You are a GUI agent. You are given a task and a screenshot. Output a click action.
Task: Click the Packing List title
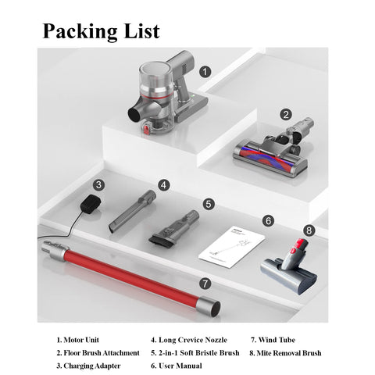[x=101, y=31]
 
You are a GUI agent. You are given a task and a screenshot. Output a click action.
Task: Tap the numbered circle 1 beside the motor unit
[x=205, y=72]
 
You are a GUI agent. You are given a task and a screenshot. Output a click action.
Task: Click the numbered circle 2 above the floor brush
[x=286, y=114]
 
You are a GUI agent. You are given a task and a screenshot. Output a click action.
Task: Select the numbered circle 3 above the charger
[x=98, y=185]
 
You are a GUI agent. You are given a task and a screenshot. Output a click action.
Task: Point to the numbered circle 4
[x=163, y=185]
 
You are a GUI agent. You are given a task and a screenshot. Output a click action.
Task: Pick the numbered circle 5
[x=209, y=204]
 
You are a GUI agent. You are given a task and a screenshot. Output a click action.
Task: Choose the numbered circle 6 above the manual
[x=268, y=221]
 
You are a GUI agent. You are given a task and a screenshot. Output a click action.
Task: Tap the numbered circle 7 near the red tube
[x=205, y=284]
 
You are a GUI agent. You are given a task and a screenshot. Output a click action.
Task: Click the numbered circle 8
[x=309, y=230]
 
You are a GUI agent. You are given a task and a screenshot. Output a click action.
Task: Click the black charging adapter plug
[x=91, y=204]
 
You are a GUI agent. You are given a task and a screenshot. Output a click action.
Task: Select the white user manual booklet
[x=232, y=246]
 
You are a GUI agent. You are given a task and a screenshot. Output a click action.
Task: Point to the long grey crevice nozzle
[x=132, y=211]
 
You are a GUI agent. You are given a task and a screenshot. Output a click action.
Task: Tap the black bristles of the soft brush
[x=162, y=241]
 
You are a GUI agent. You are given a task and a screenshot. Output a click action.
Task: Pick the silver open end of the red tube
[x=209, y=306]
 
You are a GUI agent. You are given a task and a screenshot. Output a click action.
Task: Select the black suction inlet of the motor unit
[x=135, y=115]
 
